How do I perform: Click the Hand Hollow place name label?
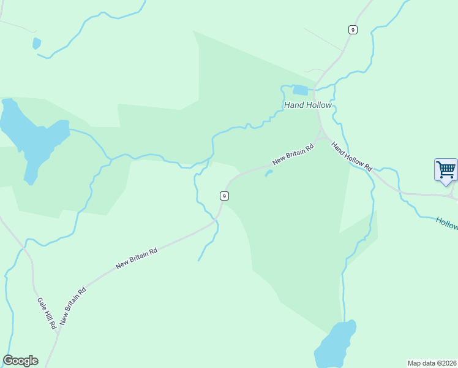[x=307, y=105]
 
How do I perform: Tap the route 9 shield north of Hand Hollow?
[x=353, y=29]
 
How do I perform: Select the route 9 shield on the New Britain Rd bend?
[x=225, y=196]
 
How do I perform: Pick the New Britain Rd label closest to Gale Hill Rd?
[x=73, y=305]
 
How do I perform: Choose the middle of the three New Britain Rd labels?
[x=137, y=258]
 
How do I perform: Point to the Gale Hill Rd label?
[x=47, y=313]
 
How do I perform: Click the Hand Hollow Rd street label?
[x=351, y=156]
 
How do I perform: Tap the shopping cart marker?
[x=446, y=169]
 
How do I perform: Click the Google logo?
[x=20, y=361]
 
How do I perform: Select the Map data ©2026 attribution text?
[x=432, y=363]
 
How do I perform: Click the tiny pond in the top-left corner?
[x=36, y=44]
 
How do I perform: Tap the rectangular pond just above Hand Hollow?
[x=300, y=91]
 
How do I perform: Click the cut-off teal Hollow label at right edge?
[x=447, y=223]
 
